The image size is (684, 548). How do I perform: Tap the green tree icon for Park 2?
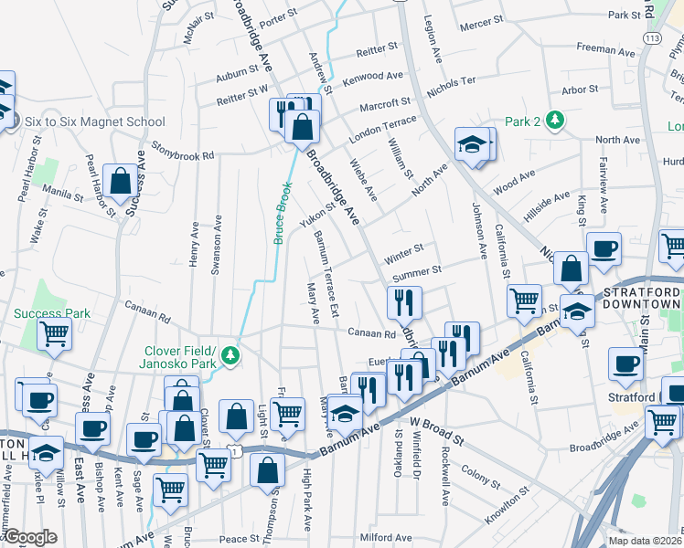pos(554,121)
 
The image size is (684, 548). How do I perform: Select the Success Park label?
pos(52,313)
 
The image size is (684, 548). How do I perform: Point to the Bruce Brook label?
pos(283,211)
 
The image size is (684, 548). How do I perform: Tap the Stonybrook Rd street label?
pos(182,150)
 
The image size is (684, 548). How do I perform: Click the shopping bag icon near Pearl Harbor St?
pos(120,180)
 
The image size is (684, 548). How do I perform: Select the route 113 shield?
pos(652,39)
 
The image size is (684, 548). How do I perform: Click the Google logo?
pos(29,537)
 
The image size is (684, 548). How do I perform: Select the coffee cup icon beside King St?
pos(604,247)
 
